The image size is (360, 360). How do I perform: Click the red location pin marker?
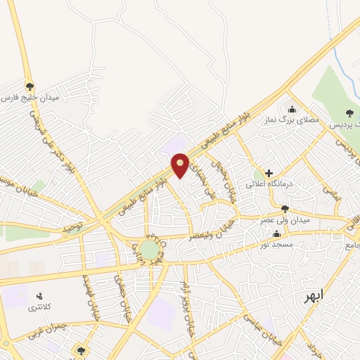pos(181,165)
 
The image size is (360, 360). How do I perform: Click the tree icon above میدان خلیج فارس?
pos(29,84)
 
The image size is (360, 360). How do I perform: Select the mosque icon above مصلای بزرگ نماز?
pos(292,109)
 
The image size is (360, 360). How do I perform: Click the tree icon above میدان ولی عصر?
pos(285,208)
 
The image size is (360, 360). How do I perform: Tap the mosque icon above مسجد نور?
pos(278,233)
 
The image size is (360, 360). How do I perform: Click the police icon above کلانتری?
pos(39,296)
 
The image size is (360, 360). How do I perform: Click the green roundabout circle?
pos(149,249)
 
